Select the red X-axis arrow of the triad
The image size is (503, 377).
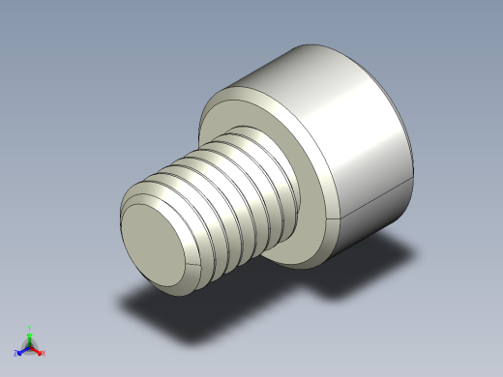(x=37, y=350)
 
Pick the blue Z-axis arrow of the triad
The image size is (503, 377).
(x=21, y=350)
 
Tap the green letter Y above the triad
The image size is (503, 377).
(x=29, y=328)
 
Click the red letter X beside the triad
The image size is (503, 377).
(x=44, y=353)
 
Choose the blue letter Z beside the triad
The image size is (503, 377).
(x=15, y=354)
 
